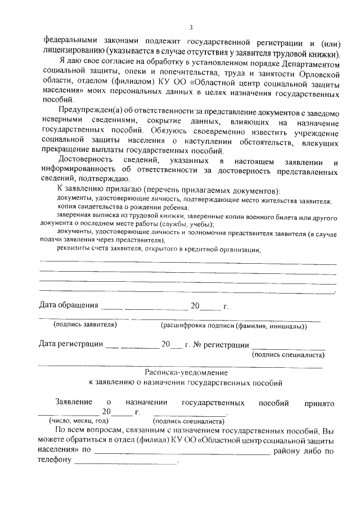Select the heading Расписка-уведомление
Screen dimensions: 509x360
click(x=186, y=372)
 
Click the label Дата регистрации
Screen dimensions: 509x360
click(x=71, y=344)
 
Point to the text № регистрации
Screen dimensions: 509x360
click(x=220, y=344)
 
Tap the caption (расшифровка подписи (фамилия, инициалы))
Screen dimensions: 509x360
click(x=233, y=325)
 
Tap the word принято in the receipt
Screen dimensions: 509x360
click(x=319, y=403)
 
